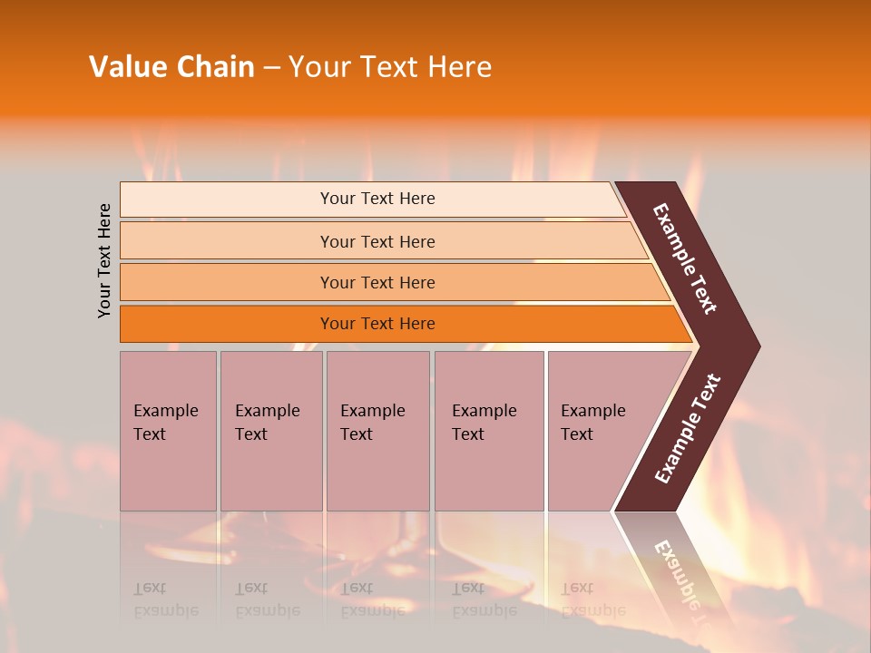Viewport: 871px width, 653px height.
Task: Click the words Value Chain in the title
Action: (171, 67)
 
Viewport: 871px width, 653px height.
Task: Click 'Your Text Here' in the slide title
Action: (390, 67)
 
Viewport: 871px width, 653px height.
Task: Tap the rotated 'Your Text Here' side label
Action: (104, 260)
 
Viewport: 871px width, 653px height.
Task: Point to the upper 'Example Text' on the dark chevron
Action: (685, 258)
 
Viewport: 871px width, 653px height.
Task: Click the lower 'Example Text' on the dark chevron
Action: (687, 429)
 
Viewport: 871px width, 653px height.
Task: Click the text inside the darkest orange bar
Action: (377, 324)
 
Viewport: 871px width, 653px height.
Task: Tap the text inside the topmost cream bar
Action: (377, 199)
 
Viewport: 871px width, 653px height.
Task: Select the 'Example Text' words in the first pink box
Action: (165, 423)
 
